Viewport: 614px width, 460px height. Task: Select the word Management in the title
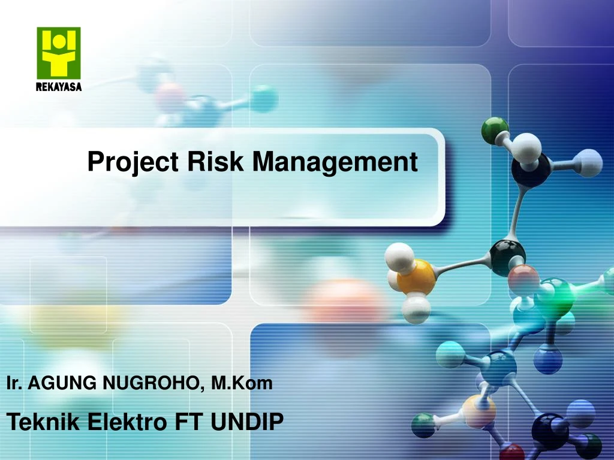(x=333, y=162)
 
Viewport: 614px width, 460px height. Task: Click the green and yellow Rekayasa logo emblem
(x=58, y=53)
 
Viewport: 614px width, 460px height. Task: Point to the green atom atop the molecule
(x=495, y=129)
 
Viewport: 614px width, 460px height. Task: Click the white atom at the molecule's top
(x=528, y=146)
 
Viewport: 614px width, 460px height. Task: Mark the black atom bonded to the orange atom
(x=507, y=257)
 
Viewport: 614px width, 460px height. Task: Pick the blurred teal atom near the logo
(x=263, y=98)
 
